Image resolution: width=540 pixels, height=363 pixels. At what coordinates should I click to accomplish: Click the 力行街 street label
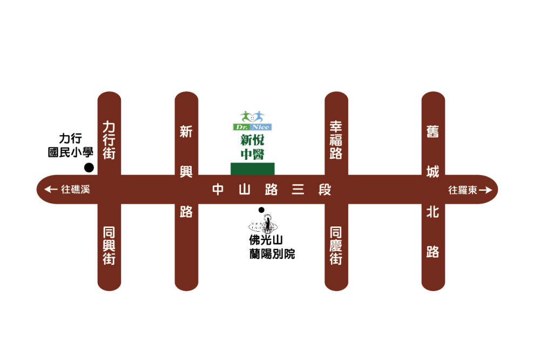(109, 140)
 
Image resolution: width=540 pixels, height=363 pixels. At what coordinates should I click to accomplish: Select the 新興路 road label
(186, 171)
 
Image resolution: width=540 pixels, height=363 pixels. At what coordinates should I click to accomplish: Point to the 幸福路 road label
(336, 140)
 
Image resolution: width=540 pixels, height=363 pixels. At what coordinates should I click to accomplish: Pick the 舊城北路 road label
(433, 192)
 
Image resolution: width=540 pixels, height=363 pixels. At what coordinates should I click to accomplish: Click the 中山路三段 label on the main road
(271, 190)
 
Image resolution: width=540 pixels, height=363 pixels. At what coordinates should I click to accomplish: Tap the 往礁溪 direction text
(75, 190)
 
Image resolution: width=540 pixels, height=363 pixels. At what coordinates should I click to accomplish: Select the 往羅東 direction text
(463, 190)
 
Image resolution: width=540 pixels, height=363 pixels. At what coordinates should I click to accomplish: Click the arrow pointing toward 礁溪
(51, 190)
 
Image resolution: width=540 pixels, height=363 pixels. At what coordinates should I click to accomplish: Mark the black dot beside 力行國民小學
(89, 168)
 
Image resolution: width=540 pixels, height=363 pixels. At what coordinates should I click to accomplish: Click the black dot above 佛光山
(261, 210)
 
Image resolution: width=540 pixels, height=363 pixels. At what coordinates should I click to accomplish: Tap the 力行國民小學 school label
(71, 145)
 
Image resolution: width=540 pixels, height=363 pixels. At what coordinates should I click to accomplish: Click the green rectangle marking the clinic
(253, 169)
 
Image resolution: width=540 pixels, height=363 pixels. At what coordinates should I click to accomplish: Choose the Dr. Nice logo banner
(252, 127)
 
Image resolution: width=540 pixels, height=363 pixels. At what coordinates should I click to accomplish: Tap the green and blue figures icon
(252, 116)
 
